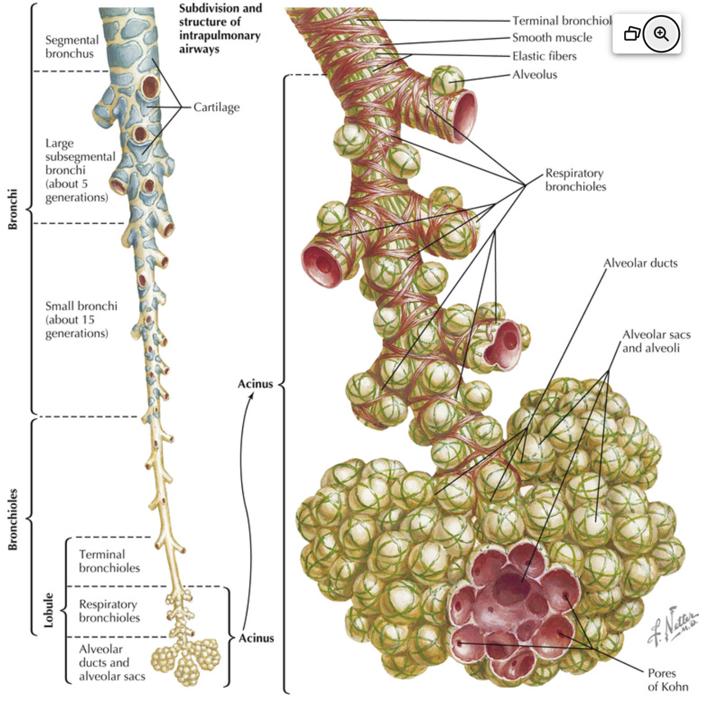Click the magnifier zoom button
tap(661, 34)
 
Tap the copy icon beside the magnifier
tap(632, 34)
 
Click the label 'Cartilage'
tap(216, 107)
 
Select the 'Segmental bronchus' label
tap(72, 47)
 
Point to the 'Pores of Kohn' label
tap(667, 680)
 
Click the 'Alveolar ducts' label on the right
tap(640, 263)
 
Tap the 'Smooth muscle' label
tap(552, 38)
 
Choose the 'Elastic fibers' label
tap(544, 56)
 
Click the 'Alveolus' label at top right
tap(535, 75)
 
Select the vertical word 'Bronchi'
tap(13, 209)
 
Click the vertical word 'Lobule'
tap(49, 610)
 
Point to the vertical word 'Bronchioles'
tap(13, 519)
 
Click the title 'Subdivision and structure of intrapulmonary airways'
tap(220, 29)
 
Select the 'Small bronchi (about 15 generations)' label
tap(81, 320)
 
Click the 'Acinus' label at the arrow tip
tap(255, 384)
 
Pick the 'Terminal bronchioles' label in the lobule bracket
tap(109, 561)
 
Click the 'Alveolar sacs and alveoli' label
tap(656, 341)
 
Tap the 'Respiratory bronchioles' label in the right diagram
tap(576, 180)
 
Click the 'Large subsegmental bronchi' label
tap(80, 170)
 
